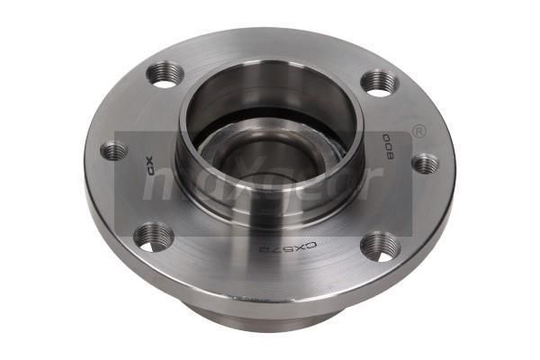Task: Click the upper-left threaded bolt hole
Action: pos(166,75)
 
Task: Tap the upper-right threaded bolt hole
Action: pos(379,82)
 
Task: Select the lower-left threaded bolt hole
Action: pos(154,237)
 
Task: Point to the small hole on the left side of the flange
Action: pos(114,150)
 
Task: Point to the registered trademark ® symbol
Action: pos(418,132)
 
